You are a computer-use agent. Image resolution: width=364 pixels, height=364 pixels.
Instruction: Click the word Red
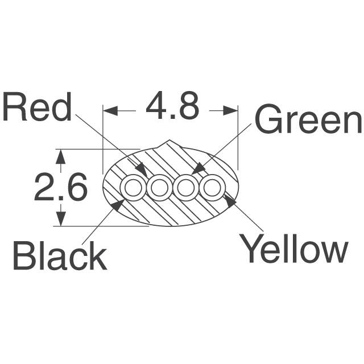point(37,107)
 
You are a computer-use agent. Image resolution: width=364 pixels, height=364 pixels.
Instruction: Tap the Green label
point(308,120)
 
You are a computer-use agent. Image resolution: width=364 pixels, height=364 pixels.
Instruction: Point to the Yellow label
point(294,249)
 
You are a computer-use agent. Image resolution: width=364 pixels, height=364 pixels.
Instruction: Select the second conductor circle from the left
point(160,187)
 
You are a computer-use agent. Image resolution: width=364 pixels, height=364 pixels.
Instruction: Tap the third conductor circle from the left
point(185,187)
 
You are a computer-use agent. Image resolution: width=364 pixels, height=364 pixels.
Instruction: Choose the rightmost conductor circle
point(212,187)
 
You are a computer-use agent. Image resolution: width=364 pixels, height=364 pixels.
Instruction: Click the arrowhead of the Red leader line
point(142,171)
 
